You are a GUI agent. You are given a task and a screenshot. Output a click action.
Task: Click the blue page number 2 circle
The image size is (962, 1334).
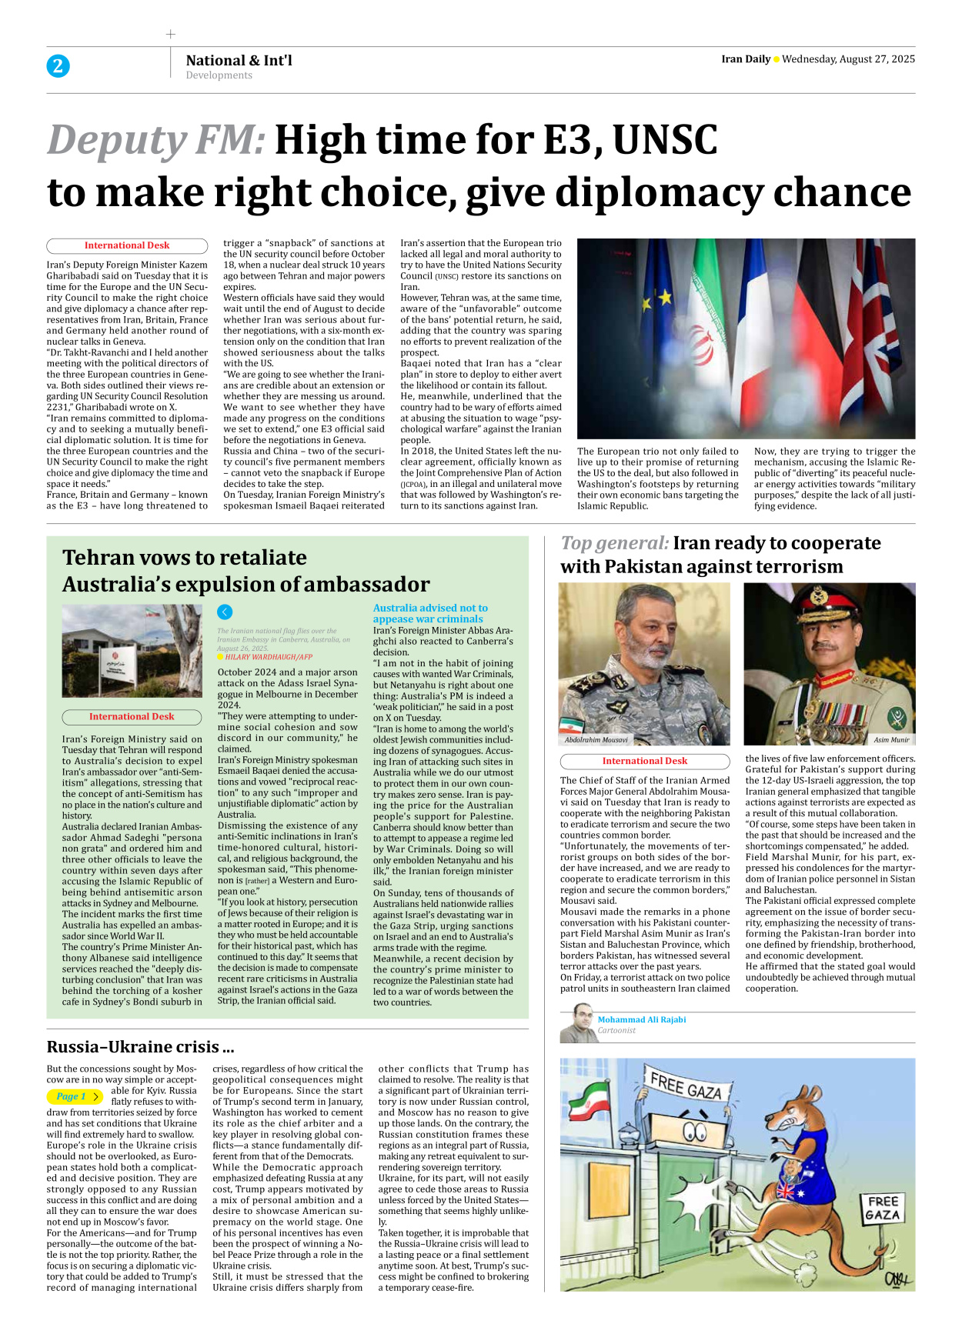[58, 66]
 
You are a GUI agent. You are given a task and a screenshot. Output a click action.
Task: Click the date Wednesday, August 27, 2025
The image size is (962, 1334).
[848, 59]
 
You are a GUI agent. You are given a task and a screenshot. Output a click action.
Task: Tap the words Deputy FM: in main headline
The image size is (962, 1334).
[156, 141]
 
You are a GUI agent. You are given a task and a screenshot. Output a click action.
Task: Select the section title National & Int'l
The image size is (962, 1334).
[239, 60]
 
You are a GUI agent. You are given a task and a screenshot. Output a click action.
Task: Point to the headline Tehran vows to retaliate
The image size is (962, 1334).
[185, 558]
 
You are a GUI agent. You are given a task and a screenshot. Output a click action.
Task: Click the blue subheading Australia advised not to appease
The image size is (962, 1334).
[430, 613]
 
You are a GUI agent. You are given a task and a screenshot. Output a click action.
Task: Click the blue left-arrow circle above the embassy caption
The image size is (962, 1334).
[225, 612]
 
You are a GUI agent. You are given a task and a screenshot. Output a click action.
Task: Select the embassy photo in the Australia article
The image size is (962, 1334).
[132, 651]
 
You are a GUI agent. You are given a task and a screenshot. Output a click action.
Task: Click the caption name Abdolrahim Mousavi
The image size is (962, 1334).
[596, 740]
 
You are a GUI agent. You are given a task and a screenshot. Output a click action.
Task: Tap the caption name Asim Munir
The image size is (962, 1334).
[891, 740]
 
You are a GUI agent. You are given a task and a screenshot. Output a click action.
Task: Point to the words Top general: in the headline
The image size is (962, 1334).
[614, 543]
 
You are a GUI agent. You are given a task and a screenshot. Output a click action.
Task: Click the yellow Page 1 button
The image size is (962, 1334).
[75, 1096]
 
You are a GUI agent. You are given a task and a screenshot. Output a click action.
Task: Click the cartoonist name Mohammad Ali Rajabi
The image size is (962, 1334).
[642, 1019]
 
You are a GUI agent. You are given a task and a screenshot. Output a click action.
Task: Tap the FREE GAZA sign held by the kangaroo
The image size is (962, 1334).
[883, 1209]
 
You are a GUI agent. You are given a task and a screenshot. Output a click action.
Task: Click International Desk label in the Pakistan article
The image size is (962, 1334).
[645, 761]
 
